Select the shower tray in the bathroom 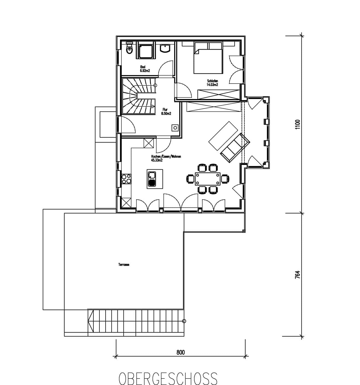click(145, 50)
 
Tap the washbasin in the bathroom click(165, 48)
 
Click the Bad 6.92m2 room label click(145, 69)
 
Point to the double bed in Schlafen click(208, 58)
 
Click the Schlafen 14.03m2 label click(212, 83)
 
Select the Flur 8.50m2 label click(166, 112)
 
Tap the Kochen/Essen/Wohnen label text click(166, 156)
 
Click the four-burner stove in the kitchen click(126, 179)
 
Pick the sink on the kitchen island click(152, 179)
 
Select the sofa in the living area click(235, 148)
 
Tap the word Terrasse click(124, 265)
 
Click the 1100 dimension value click(297, 125)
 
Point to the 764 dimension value click(297, 274)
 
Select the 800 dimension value click(180, 352)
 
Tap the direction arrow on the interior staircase click(153, 106)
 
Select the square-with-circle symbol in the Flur click(175, 128)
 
